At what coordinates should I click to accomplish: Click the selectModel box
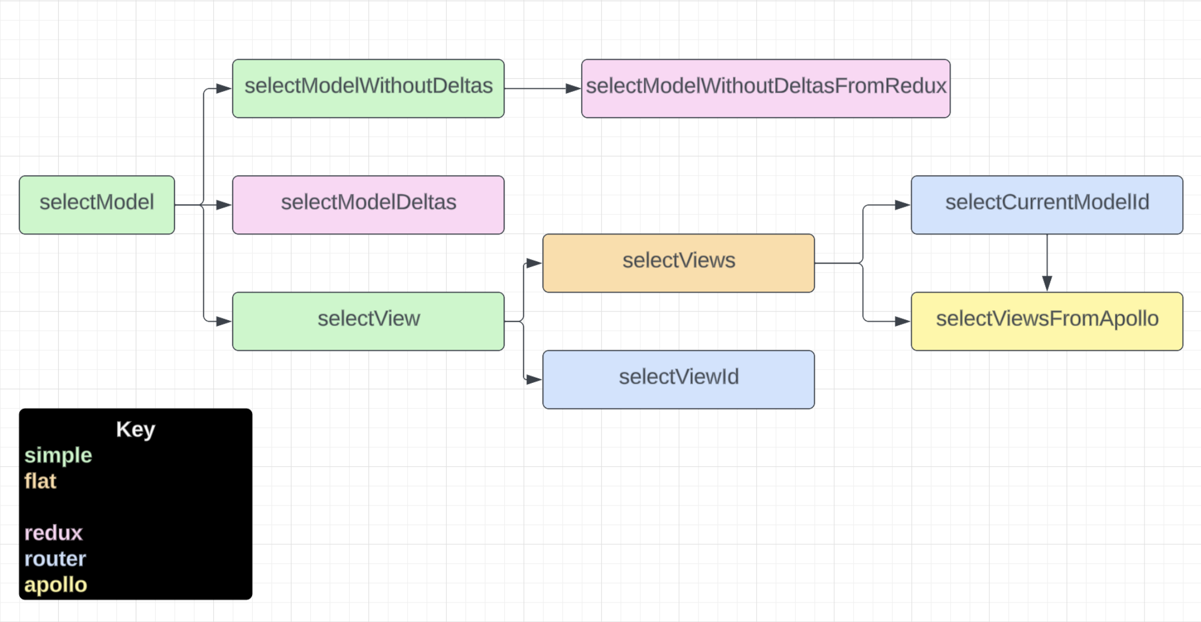pos(97,205)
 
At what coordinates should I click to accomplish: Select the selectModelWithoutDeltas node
pos(368,88)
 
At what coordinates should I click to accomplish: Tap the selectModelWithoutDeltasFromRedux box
pos(766,88)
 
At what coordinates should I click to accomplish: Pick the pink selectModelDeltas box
pos(368,205)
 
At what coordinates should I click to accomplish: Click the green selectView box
pos(368,321)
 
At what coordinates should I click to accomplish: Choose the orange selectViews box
pos(679,263)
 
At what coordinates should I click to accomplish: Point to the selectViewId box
pos(679,379)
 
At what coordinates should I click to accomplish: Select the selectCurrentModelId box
pos(1047,205)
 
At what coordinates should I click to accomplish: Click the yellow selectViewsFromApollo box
pos(1047,321)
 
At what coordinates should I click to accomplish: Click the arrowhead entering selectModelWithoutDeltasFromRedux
pos(574,88)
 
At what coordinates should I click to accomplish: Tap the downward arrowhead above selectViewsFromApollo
pos(1047,284)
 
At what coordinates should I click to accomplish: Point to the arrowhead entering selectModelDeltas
pos(225,205)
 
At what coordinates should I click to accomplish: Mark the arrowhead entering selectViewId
pos(535,379)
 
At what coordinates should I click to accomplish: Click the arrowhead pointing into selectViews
pos(535,263)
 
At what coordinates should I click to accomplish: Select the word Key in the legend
pos(136,430)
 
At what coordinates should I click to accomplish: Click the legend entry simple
pos(58,455)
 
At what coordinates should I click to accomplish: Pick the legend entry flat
pos(40,481)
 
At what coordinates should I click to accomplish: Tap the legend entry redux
pos(54,533)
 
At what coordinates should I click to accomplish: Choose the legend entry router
pos(55,559)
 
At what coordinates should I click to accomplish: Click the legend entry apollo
pos(56,585)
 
